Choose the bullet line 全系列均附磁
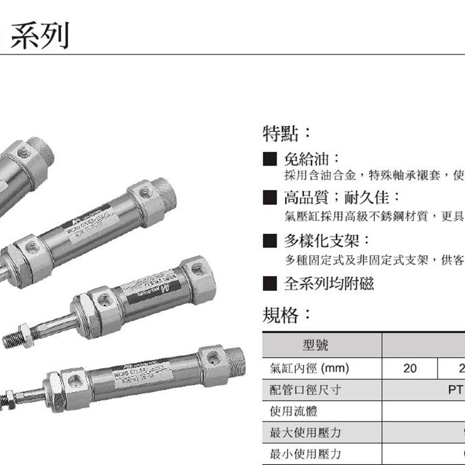tap(328, 284)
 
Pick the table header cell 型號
tap(316, 346)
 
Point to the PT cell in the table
tap(456, 389)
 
